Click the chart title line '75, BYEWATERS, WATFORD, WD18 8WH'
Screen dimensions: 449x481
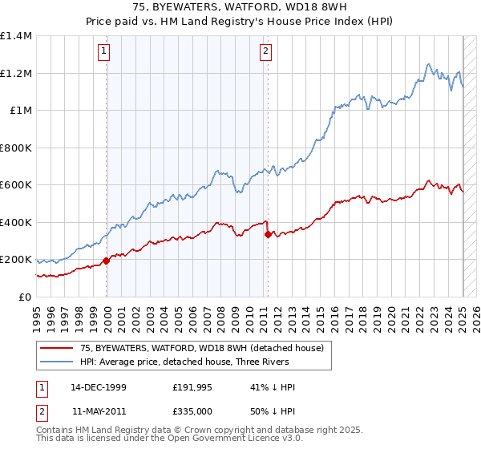[240, 7]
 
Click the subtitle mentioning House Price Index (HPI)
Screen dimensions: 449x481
[240, 22]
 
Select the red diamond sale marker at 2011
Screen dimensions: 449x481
[268, 234]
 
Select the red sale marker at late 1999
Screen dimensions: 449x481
[107, 261]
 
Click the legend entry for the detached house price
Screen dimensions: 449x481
[201, 348]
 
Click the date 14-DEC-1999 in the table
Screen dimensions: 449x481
[99, 387]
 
